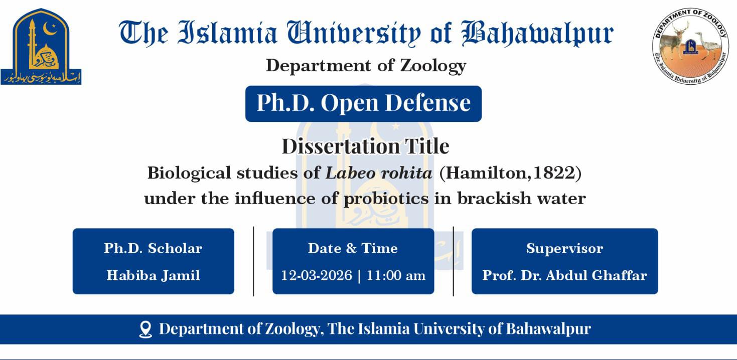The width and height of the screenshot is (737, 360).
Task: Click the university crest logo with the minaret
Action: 41,46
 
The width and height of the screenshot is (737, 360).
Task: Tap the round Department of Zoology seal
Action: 691,46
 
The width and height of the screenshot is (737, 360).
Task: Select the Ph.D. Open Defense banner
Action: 363,103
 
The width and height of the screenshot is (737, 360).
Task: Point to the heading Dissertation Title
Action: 365,146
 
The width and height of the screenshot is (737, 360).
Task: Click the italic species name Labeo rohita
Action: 379,173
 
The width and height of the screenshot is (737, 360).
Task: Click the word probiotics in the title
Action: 386,199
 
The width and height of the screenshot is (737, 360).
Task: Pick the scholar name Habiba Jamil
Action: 153,275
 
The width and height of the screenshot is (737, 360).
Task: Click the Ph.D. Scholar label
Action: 153,248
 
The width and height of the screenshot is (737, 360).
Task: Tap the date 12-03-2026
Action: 317,275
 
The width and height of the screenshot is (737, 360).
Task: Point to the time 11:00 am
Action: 396,275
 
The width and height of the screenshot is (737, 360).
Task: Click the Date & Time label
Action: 353,248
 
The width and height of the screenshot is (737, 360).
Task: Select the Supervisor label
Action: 564,248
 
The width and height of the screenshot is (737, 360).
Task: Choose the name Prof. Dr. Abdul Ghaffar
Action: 564,275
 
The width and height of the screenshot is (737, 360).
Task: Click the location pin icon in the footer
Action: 145,329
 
